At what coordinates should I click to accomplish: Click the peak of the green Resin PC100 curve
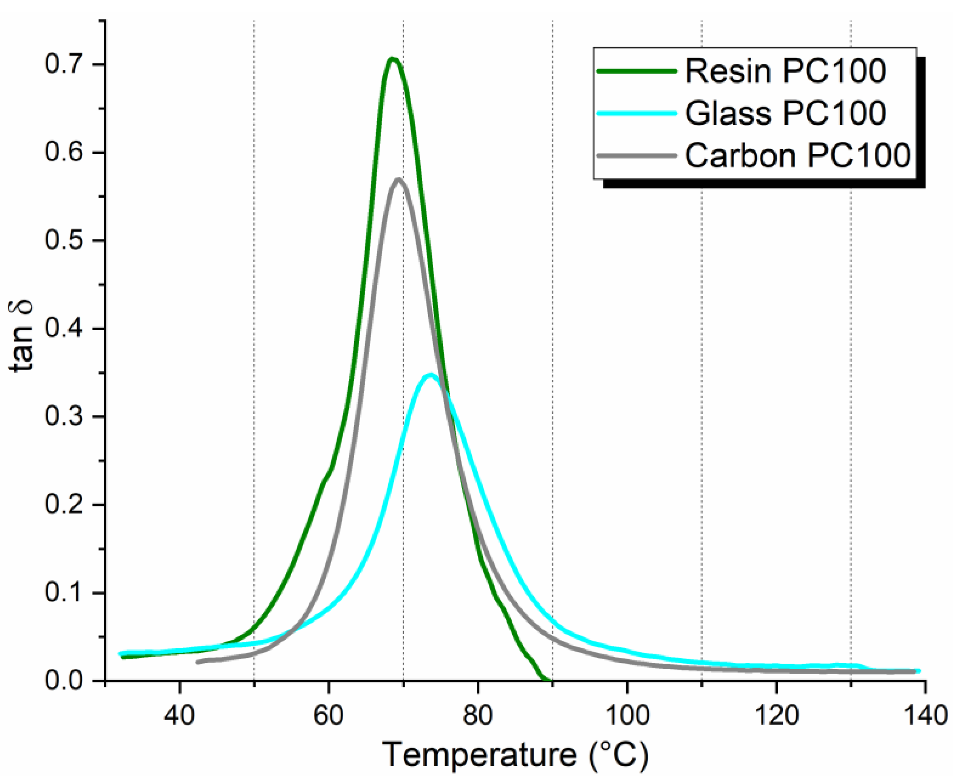pos(393,59)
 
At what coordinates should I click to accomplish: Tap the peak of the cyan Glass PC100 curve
pos(431,375)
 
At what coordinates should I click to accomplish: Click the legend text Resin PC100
pos(785,71)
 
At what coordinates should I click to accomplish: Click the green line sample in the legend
pos(636,71)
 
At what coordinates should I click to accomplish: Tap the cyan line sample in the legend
pos(636,113)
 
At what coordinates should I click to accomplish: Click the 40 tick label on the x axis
pos(180,715)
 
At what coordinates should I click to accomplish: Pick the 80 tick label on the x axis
pos(478,715)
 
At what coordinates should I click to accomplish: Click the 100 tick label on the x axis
pos(627,715)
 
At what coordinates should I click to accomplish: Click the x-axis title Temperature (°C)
pos(516,755)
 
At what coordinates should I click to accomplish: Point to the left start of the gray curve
pos(197,662)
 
